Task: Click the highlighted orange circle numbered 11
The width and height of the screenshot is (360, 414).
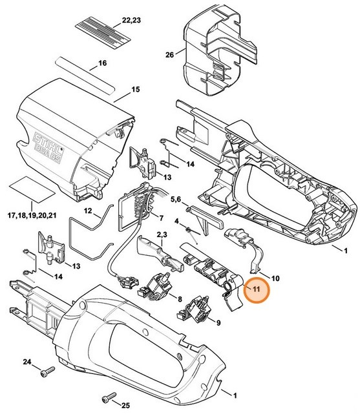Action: coord(256,289)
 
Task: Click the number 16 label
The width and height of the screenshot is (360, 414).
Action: coord(101,64)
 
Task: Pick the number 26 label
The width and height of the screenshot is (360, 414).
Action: coord(169,55)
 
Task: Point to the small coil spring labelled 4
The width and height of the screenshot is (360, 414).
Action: coord(188,231)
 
